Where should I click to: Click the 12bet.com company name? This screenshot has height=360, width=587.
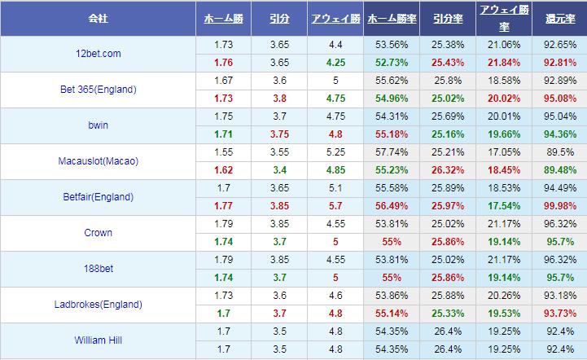tap(98, 54)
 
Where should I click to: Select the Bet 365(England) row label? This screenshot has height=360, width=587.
tap(98, 90)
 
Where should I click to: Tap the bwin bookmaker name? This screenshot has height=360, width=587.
tap(98, 125)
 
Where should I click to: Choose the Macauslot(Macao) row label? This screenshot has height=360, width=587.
tap(98, 161)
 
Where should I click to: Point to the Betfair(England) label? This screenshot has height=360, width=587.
tap(98, 197)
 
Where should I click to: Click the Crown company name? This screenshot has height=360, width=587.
tap(98, 233)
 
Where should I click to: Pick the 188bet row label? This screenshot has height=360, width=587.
tap(98, 269)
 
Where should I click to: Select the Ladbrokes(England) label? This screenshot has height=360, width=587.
tap(98, 305)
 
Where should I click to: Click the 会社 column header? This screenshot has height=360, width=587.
tap(98, 18)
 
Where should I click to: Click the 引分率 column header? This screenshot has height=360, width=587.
tap(445, 18)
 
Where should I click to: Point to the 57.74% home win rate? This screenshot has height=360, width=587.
tap(392, 152)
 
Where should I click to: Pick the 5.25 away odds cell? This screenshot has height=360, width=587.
tap(335, 152)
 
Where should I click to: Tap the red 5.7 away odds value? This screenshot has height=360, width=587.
tap(335, 206)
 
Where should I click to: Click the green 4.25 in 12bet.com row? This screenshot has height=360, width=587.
tap(335, 63)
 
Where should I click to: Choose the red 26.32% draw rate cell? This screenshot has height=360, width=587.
tap(445, 170)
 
